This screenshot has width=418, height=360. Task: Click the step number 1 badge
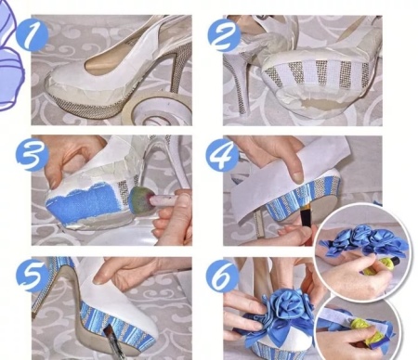point(32,35)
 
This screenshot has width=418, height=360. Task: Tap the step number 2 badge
point(224,35)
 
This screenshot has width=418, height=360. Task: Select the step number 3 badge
point(32,156)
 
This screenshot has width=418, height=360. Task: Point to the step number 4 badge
point(222,155)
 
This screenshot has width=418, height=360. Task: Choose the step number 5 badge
point(32,276)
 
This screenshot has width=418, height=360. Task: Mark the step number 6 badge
point(222,276)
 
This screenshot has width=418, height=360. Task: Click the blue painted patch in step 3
point(83,201)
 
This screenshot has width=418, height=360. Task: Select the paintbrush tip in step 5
point(109,335)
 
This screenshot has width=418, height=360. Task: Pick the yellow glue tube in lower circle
point(362,330)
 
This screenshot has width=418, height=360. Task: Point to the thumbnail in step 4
point(298,177)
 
